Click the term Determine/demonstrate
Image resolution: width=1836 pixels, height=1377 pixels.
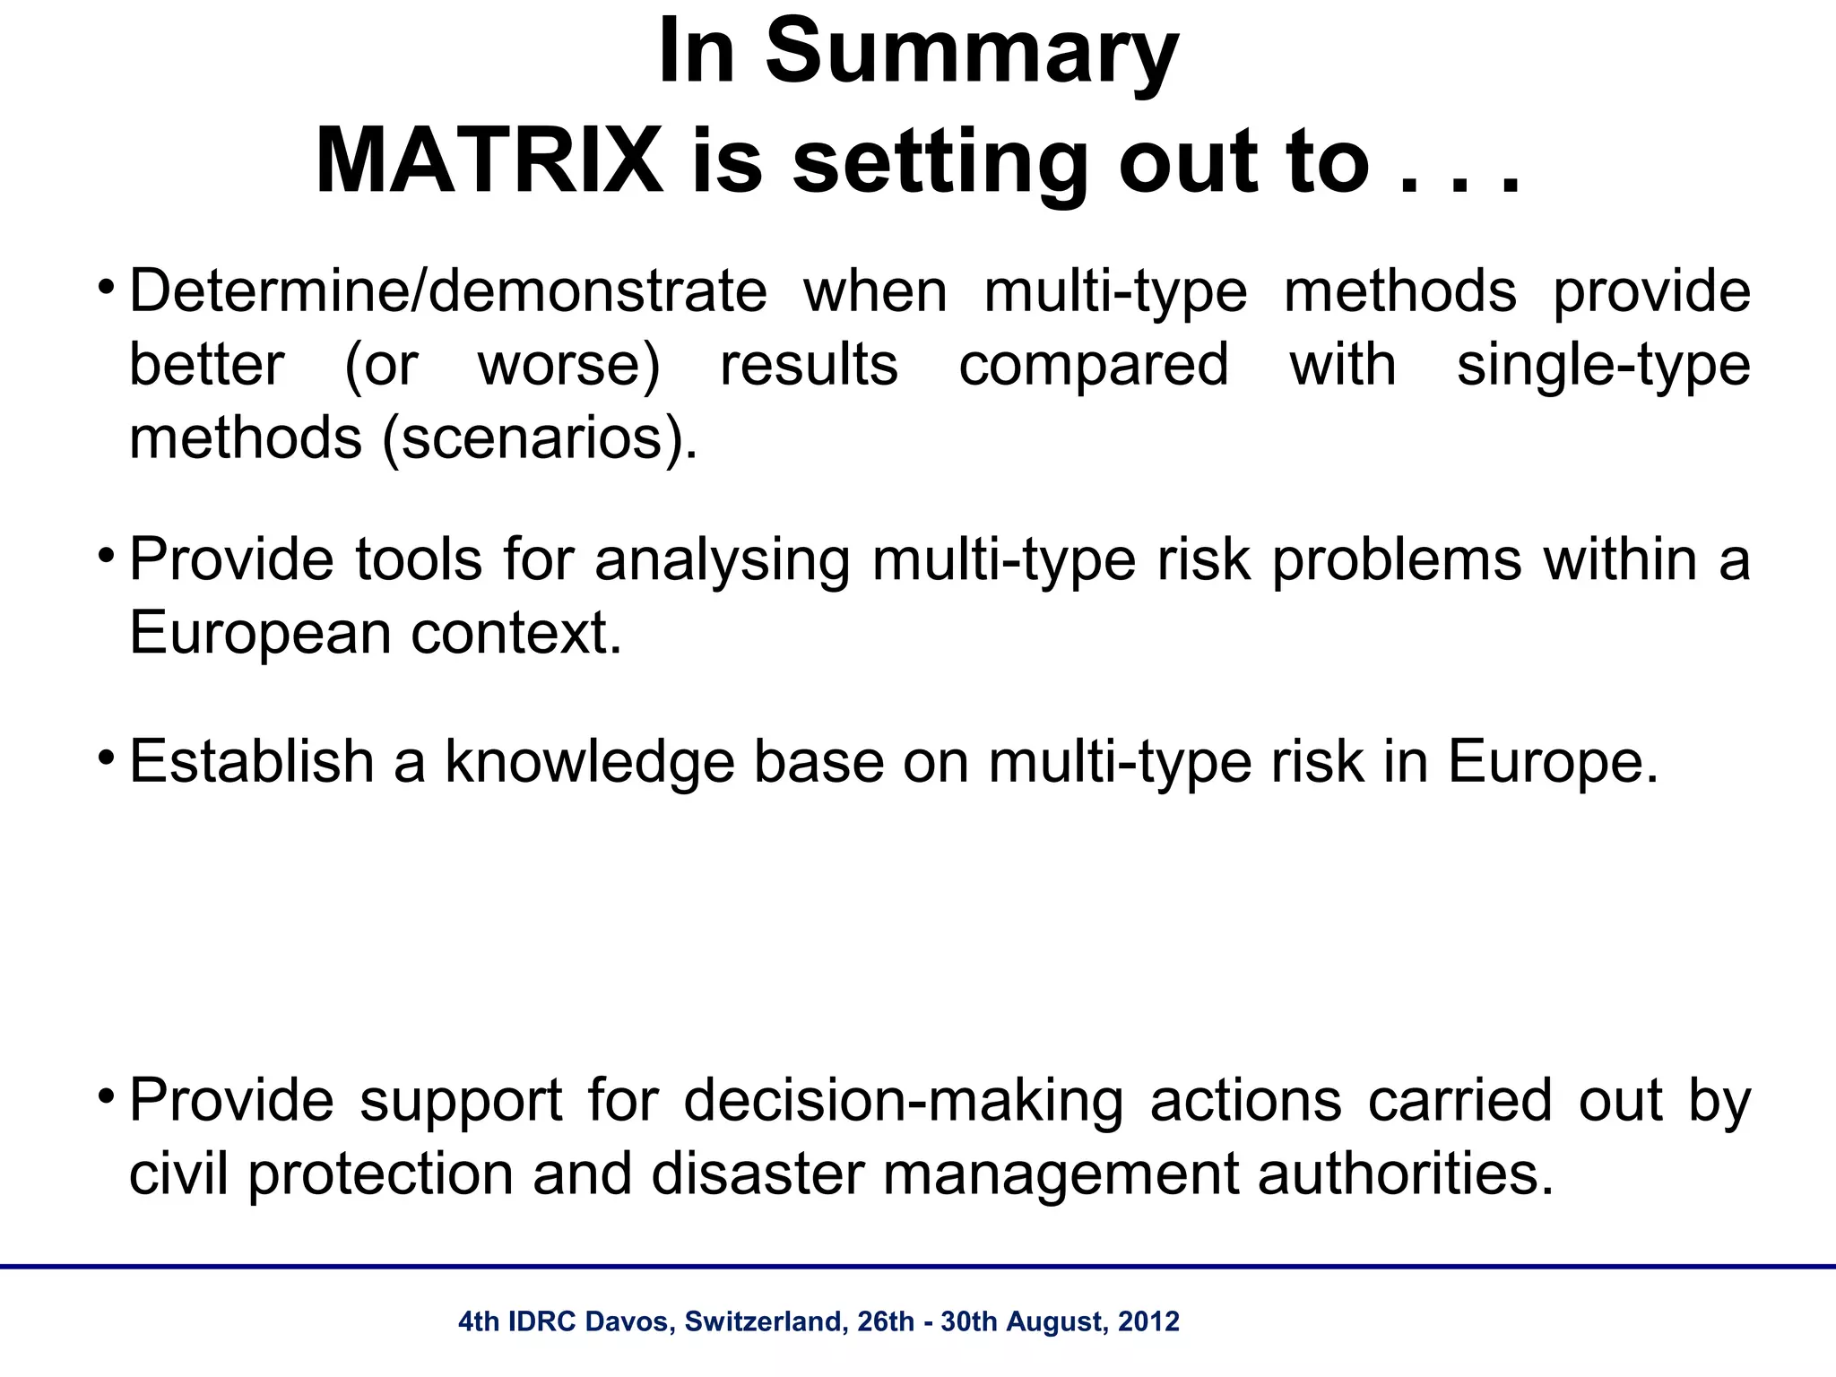pyautogui.click(x=448, y=291)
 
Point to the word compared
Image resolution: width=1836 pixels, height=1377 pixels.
pyautogui.click(x=1094, y=365)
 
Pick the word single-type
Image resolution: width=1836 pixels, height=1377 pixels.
pyautogui.click(x=1603, y=365)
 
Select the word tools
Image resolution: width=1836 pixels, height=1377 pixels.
pyautogui.click(x=419, y=559)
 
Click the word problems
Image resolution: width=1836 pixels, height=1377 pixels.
pyautogui.click(x=1397, y=559)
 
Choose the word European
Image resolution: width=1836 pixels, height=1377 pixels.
pyautogui.click(x=261, y=634)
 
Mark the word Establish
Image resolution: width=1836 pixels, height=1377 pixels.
pyautogui.click(x=252, y=762)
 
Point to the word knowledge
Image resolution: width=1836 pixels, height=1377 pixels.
pyautogui.click(x=589, y=762)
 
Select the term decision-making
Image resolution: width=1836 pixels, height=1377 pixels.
pyautogui.click(x=904, y=1101)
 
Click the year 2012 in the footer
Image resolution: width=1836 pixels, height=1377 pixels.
pyautogui.click(x=1149, y=1322)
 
